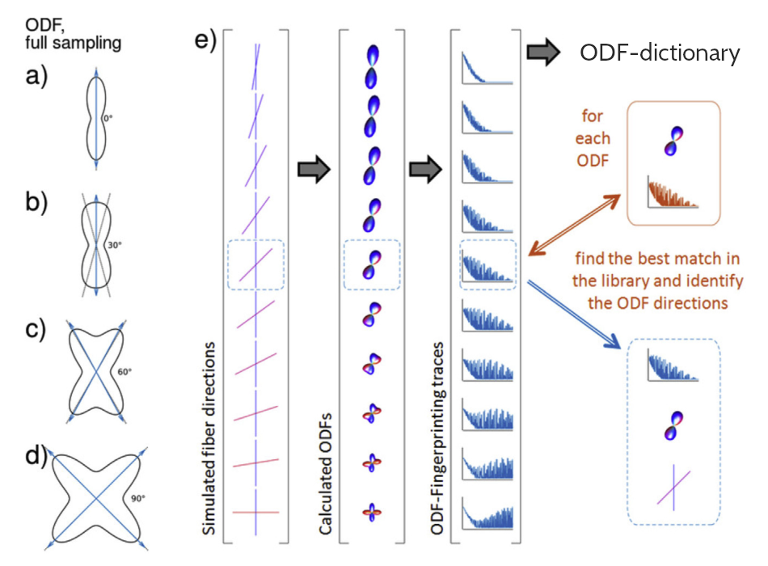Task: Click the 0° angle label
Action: coord(107,119)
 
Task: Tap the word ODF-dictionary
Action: coord(660,53)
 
